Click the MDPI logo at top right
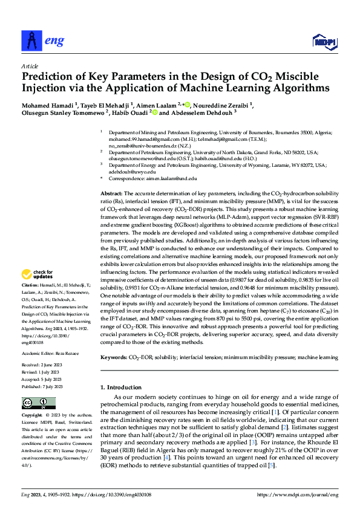point(324,41)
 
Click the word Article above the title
point(30,66)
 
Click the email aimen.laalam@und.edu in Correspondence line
point(171,179)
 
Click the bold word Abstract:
point(111,192)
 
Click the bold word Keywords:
point(113,358)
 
